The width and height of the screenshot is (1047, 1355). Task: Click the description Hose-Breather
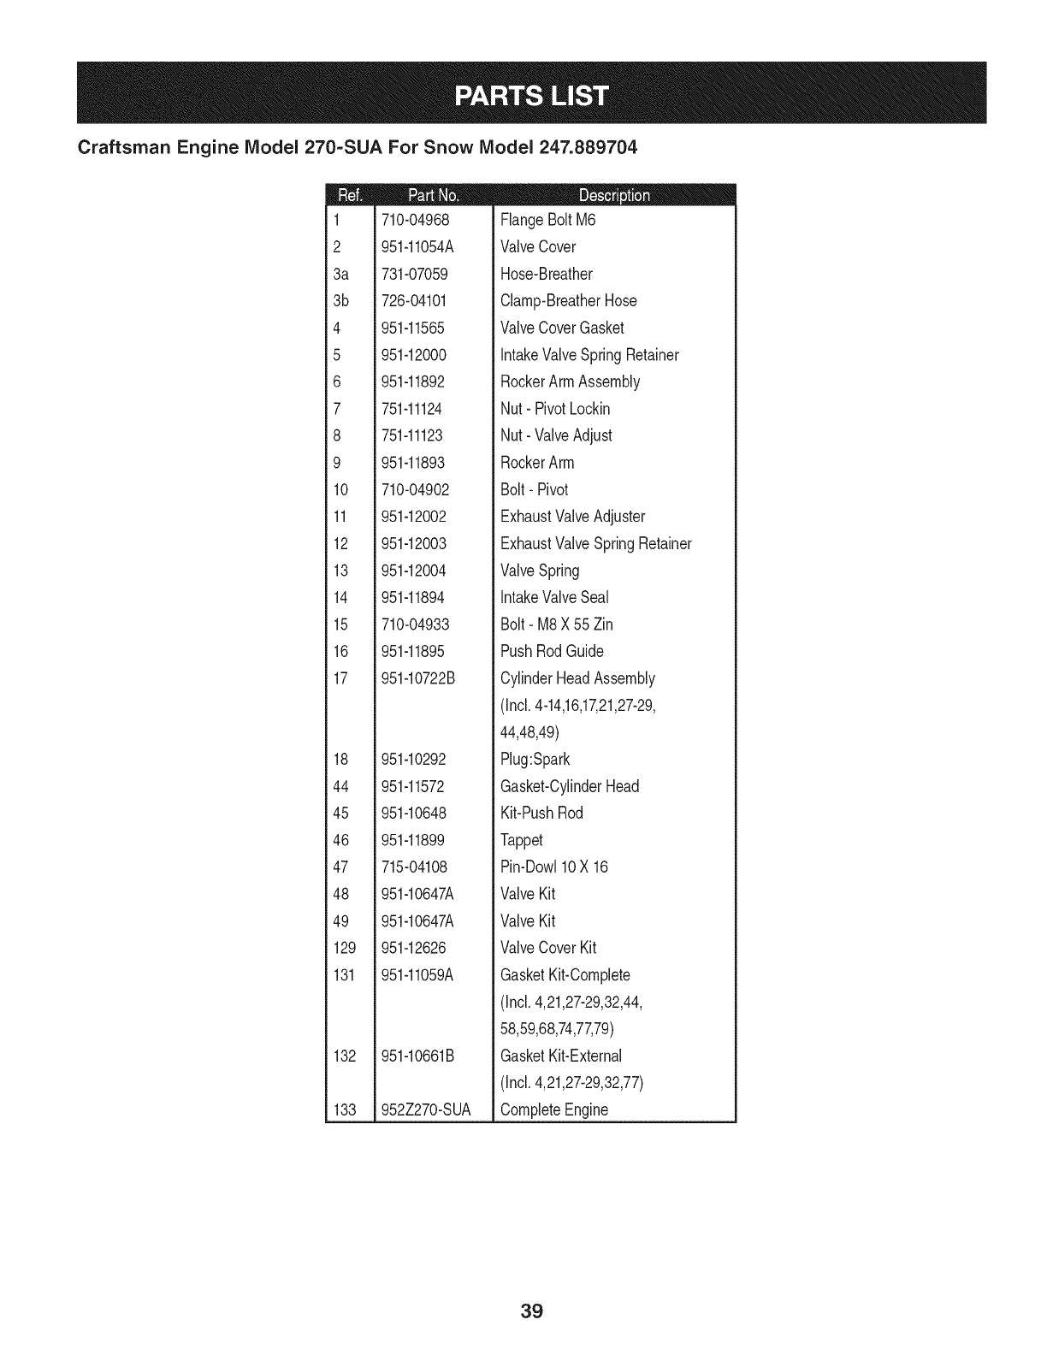tap(546, 274)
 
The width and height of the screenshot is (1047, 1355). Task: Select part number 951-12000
tap(414, 355)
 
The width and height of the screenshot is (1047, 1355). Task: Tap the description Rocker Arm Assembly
tap(570, 382)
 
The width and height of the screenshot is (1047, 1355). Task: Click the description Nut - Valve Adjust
tap(556, 435)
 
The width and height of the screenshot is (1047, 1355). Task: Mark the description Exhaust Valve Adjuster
tap(572, 517)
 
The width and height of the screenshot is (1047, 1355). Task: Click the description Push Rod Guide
tap(552, 651)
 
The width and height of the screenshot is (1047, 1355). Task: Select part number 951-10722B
tap(418, 678)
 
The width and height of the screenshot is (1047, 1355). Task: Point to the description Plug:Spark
tap(535, 759)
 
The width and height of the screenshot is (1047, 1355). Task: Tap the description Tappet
tap(521, 840)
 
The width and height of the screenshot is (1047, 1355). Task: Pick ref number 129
tap(344, 948)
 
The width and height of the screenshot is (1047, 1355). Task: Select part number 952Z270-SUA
tap(425, 1109)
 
